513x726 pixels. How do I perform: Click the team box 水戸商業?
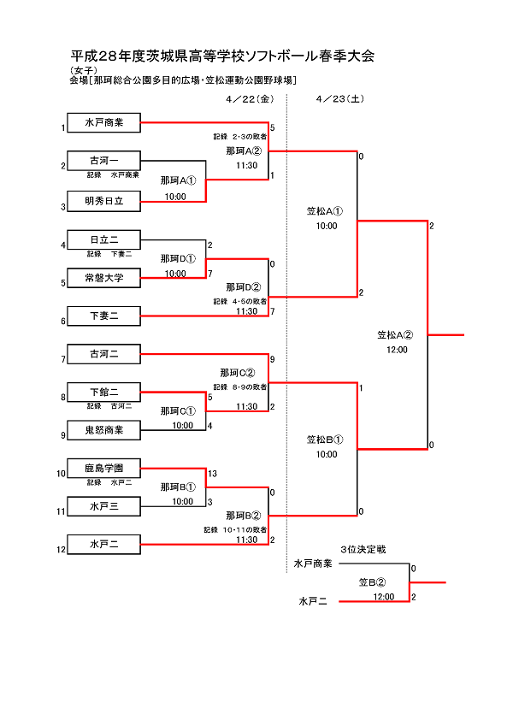pyautogui.click(x=103, y=123)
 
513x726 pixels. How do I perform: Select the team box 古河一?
pyautogui.click(x=103, y=160)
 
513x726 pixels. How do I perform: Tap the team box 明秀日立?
pyautogui.click(x=103, y=202)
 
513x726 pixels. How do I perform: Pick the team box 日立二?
pyautogui.click(x=103, y=239)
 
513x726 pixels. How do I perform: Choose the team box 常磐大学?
pyautogui.click(x=103, y=277)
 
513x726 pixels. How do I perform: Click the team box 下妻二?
pyautogui.click(x=103, y=316)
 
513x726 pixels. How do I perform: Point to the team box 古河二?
pyautogui.click(x=103, y=353)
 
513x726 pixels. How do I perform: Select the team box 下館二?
pyautogui.click(x=103, y=392)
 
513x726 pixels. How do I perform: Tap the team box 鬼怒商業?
pyautogui.click(x=103, y=429)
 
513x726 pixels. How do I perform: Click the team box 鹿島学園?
pyautogui.click(x=103, y=468)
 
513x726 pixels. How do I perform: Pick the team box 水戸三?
pyautogui.click(x=103, y=506)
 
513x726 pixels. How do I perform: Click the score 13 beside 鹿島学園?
pyautogui.click(x=212, y=474)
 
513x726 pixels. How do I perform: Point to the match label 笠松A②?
pyautogui.click(x=396, y=335)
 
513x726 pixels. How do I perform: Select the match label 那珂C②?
pyautogui.click(x=238, y=373)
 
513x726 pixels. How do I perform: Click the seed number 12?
pyautogui.click(x=61, y=550)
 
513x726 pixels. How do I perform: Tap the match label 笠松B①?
pyautogui.click(x=325, y=440)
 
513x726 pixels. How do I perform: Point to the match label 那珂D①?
pyautogui.click(x=178, y=259)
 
